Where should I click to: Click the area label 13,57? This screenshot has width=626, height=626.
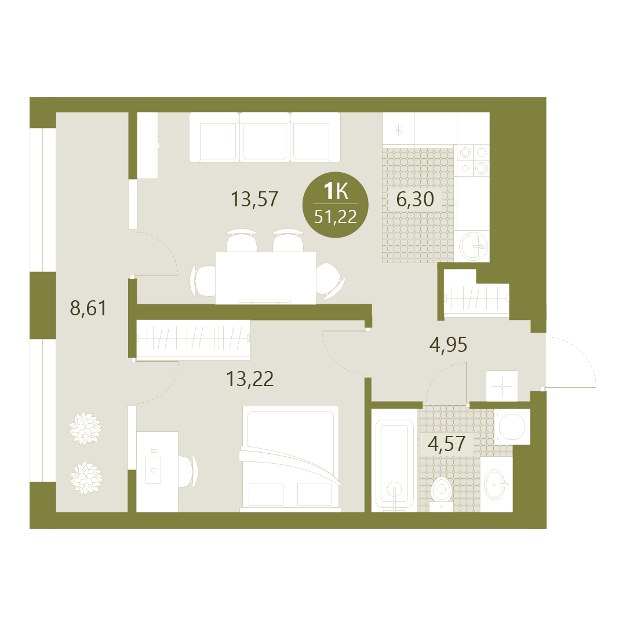click(254, 199)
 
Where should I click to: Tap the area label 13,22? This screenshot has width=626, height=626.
click(250, 379)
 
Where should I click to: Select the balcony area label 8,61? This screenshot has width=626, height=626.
click(88, 308)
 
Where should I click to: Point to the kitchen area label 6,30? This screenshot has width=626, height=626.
click(415, 199)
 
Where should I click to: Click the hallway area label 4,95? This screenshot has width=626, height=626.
click(448, 344)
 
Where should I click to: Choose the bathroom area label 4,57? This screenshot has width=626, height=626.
click(446, 443)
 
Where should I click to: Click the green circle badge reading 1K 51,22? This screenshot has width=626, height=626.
click(336, 205)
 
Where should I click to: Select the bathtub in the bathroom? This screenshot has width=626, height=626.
click(395, 460)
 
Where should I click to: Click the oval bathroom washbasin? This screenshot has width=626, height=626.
click(496, 485)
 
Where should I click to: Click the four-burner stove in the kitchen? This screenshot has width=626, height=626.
click(474, 161)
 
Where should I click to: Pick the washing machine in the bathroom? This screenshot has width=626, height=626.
click(512, 427)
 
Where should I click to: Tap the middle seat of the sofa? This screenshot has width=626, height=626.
click(265, 138)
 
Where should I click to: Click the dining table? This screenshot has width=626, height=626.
click(265, 278)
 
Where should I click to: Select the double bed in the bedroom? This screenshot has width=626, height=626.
click(290, 459)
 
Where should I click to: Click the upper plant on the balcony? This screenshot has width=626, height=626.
click(85, 428)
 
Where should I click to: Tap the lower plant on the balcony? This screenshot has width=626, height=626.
click(86, 478)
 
